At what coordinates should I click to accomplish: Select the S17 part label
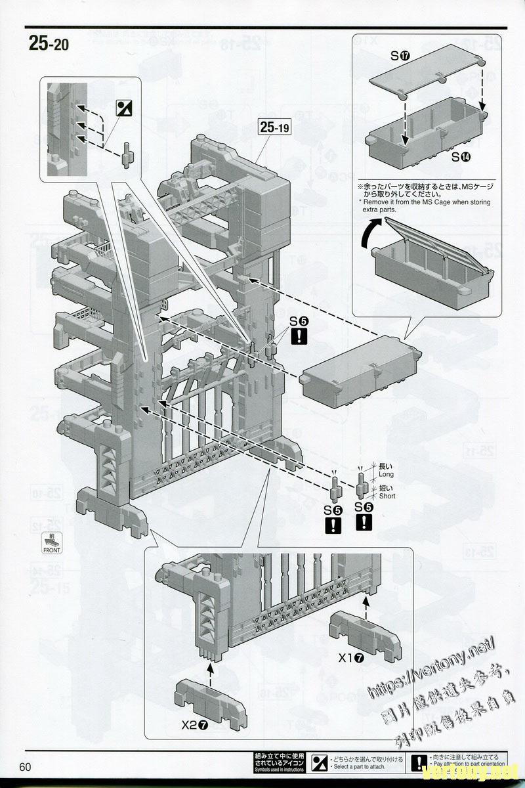[x=400, y=56]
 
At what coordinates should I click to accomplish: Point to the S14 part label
[x=461, y=158]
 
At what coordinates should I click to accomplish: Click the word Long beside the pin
[x=387, y=473]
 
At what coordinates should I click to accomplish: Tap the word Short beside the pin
[x=387, y=496]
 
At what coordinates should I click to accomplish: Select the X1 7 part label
[x=350, y=657]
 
